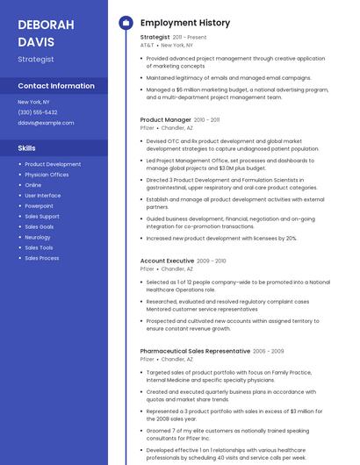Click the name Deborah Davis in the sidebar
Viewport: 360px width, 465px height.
[x=46, y=32]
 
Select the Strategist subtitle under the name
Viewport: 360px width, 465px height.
[x=36, y=60]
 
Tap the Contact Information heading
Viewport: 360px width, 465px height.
[x=56, y=86]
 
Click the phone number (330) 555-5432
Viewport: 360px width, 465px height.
[x=38, y=112]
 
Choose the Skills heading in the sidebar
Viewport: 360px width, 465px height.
[x=27, y=148]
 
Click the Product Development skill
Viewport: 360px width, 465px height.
[x=53, y=164]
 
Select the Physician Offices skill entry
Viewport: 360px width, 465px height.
[x=47, y=175]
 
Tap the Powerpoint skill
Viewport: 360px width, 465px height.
[x=39, y=206]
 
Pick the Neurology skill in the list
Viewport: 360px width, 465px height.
[x=38, y=237]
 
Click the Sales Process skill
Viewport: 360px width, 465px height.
[x=42, y=258]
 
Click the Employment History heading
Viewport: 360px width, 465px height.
[x=185, y=23]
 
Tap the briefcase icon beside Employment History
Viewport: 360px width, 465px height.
[x=126, y=23]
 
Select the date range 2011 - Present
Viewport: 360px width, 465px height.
[x=190, y=38]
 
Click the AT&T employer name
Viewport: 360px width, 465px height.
[x=147, y=45]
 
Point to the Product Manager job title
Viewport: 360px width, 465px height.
[x=165, y=119]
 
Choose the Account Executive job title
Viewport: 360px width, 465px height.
[x=167, y=261]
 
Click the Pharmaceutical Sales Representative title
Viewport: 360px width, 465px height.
[x=195, y=351]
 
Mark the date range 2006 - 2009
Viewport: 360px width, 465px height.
[x=269, y=351]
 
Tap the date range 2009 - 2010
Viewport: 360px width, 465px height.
[x=212, y=261]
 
